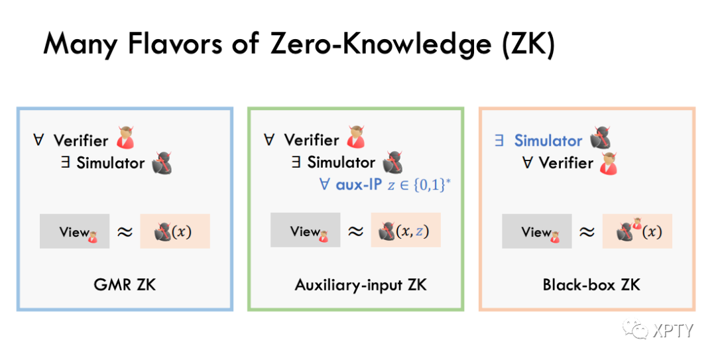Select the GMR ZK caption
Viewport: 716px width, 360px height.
click(x=125, y=285)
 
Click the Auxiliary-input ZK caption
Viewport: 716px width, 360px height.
click(x=361, y=285)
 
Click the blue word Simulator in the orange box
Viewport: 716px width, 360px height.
click(x=548, y=141)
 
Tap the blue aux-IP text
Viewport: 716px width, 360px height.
click(x=359, y=184)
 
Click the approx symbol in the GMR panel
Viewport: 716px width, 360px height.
click(x=125, y=232)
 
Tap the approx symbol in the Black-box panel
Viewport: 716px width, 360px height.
click(x=587, y=232)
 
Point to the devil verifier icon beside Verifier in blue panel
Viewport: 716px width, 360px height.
click(x=125, y=139)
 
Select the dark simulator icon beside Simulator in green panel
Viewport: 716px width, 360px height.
click(x=393, y=162)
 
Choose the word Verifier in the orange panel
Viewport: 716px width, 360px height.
click(x=566, y=162)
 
